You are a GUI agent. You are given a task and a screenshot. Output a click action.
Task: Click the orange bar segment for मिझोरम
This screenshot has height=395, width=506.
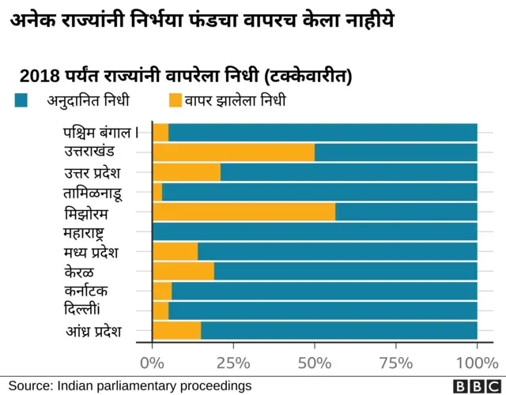pos(244,213)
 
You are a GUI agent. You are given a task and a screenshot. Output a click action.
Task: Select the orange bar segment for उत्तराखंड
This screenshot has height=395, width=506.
pos(233,152)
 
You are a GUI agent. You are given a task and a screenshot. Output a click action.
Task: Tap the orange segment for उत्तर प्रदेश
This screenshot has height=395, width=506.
pos(187,172)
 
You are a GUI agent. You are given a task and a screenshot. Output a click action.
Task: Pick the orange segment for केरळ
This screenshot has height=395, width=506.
pos(183,272)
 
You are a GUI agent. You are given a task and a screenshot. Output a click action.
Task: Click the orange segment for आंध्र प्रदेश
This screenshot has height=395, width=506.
pos(176,330)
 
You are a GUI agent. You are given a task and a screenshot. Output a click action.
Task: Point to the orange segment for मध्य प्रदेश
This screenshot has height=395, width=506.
pos(175,252)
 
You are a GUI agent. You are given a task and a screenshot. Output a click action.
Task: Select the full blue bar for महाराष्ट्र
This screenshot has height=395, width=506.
pos(315,232)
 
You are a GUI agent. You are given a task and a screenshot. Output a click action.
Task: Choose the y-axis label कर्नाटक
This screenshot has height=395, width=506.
pos(93,291)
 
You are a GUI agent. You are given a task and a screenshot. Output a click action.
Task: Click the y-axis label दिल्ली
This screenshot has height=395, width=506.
pos(93,310)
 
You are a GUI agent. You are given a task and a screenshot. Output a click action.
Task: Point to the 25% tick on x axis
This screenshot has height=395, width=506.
pos(233,363)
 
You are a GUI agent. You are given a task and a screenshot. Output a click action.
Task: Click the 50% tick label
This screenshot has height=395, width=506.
pos(315,363)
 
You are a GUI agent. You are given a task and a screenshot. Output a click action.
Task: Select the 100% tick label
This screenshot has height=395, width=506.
pos(477,363)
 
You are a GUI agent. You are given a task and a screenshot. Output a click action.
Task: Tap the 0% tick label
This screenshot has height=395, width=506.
pos(152,363)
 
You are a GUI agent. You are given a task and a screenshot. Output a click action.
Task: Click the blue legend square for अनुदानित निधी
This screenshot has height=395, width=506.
pos(22,100)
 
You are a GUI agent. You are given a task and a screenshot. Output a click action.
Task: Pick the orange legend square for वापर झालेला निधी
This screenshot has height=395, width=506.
pos(176,100)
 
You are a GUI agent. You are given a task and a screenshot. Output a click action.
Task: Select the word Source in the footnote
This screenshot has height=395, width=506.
pos(28,386)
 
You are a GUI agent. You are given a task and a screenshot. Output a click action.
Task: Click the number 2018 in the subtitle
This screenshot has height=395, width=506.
pos(39,77)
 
